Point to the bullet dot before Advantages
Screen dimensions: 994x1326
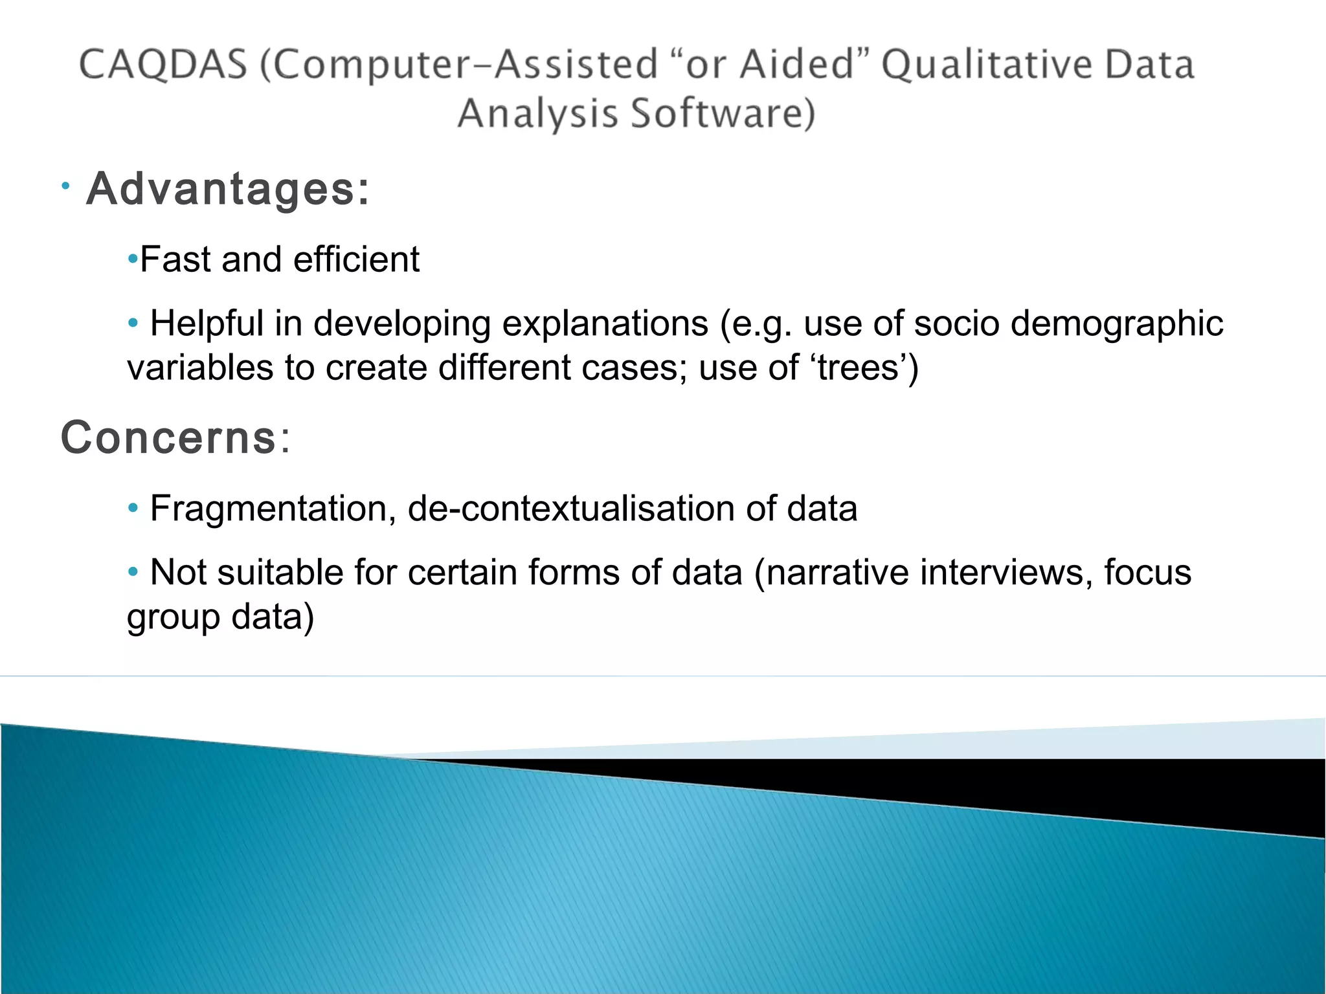click(x=65, y=186)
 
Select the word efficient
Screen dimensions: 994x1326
click(x=356, y=260)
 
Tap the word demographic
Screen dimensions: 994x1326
click(x=1116, y=324)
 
